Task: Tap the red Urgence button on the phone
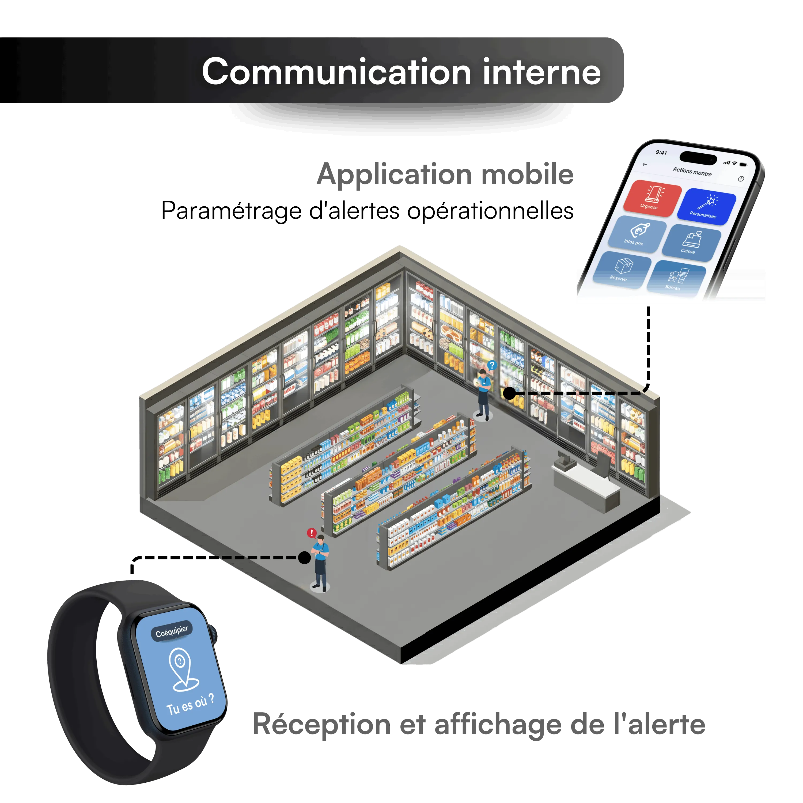coord(652,198)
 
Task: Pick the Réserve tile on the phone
coord(622,269)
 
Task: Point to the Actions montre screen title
coord(692,172)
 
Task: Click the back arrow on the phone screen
coord(645,165)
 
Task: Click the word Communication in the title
coord(336,72)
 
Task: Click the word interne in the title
coord(541,72)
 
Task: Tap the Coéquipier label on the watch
coord(172,631)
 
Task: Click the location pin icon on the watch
coord(182,668)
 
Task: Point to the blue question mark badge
coord(492,365)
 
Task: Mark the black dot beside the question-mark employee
coord(509,393)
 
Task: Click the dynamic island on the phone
coord(698,158)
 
